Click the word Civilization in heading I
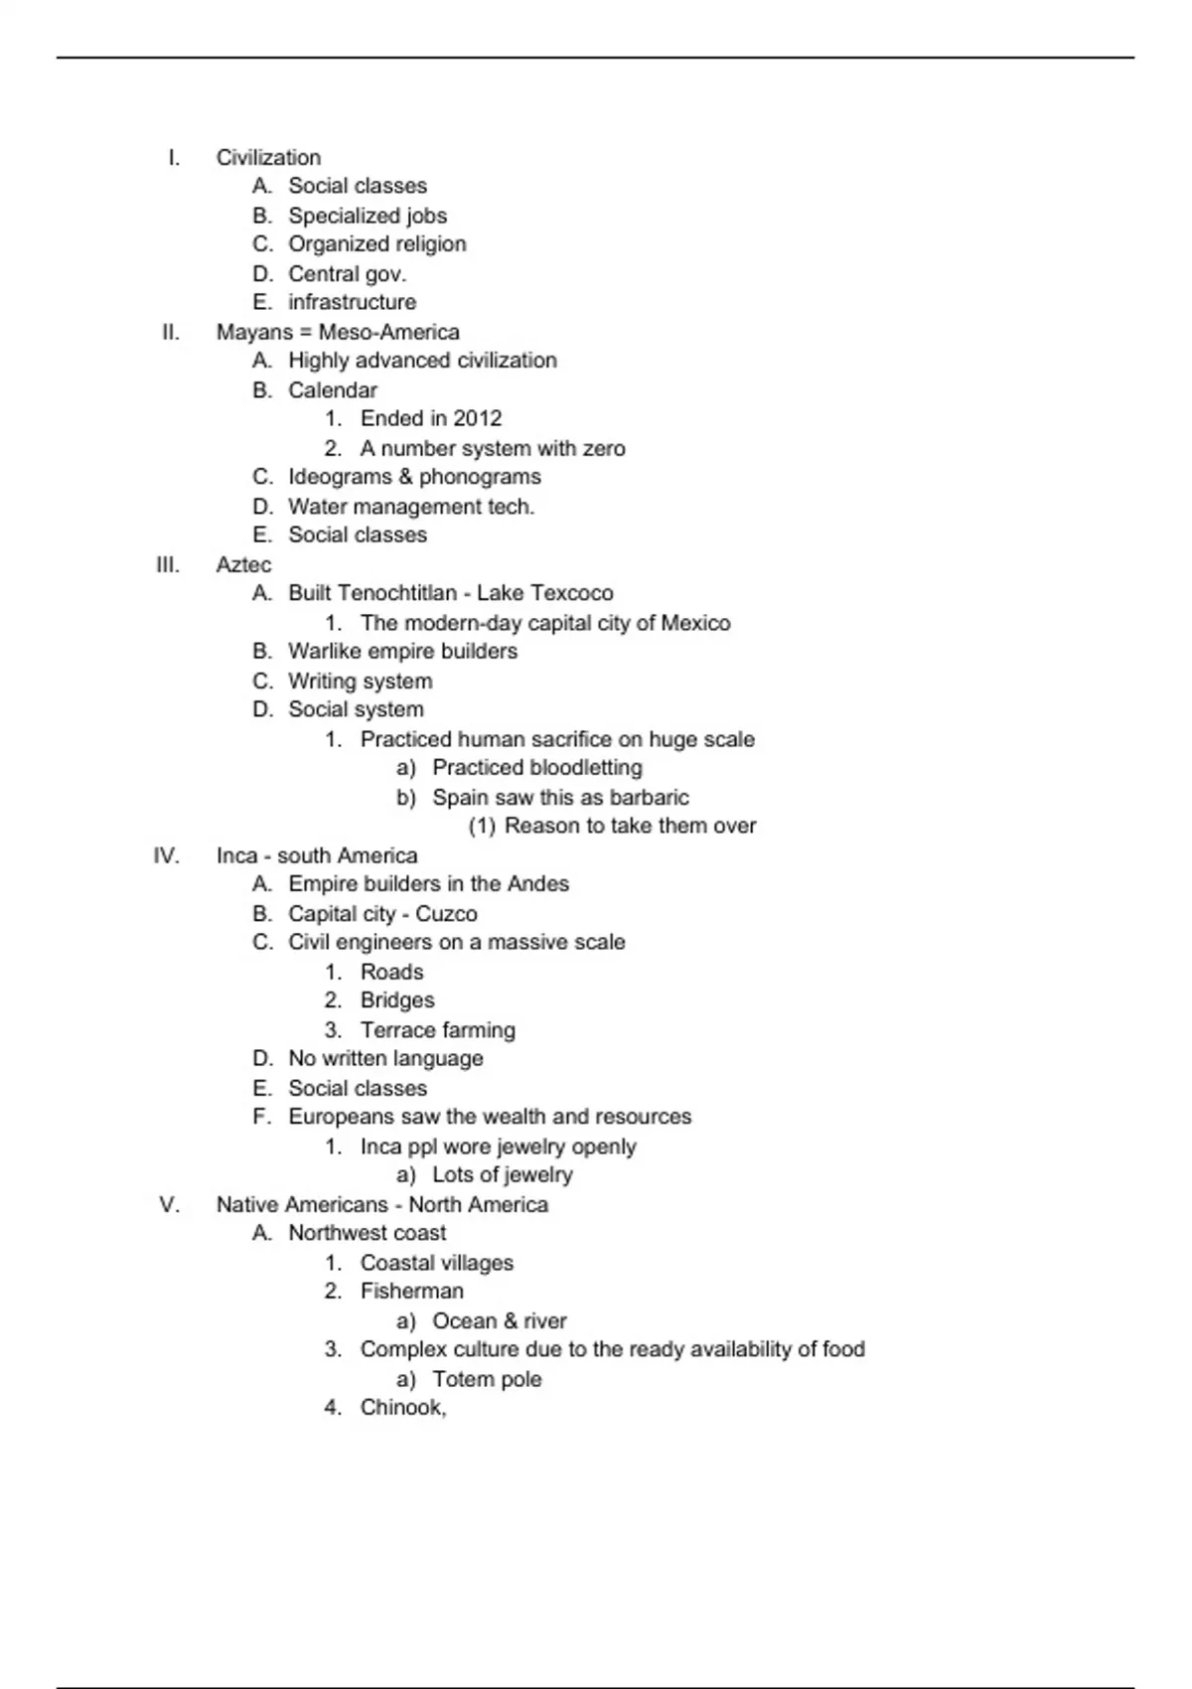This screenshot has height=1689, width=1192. pos(268,158)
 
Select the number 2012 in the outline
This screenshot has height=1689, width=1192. pos(478,419)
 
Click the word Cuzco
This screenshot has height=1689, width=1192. pos(446,914)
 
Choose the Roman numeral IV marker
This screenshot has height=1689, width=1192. pos(167,855)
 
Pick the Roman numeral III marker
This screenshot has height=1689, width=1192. pos(168,565)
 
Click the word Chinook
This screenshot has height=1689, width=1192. pos(402,1408)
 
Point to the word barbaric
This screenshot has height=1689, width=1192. pos(649,798)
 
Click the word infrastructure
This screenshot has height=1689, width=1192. pos(352,302)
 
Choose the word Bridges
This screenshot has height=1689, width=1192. pos(397,1000)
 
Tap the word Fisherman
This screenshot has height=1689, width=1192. pos(411,1292)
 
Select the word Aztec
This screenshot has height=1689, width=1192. pos(243,565)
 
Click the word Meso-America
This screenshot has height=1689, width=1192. pos(388,333)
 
